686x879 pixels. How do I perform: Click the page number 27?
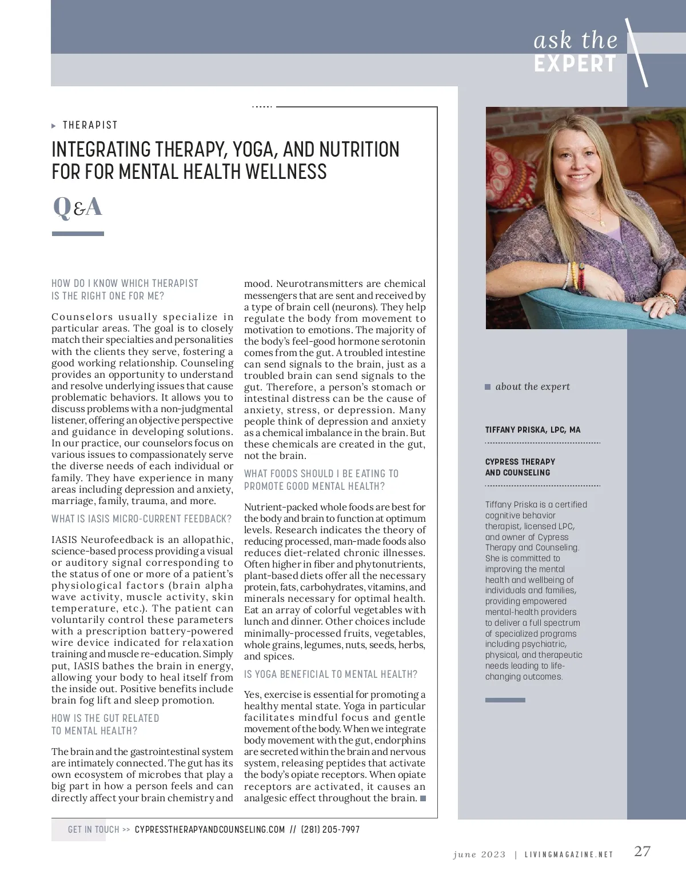point(643,851)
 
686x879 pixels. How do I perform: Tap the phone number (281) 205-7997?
point(330,829)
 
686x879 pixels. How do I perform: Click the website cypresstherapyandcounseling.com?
point(210,829)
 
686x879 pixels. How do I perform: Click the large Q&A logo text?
point(77,207)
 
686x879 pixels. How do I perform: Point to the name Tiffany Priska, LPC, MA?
point(533,430)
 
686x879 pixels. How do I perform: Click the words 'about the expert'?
point(532,386)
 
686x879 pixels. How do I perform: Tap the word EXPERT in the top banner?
point(575,64)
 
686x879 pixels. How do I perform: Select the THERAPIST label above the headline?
point(90,125)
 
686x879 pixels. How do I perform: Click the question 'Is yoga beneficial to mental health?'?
point(330,674)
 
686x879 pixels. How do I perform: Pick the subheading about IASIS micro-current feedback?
point(142,519)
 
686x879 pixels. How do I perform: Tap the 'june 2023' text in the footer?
point(479,854)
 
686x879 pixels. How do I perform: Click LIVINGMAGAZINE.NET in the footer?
point(569,855)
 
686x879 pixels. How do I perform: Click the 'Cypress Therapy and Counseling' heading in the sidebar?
point(520,467)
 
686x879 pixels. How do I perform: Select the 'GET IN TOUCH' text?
point(94,829)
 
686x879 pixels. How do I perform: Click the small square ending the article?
point(423,798)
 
